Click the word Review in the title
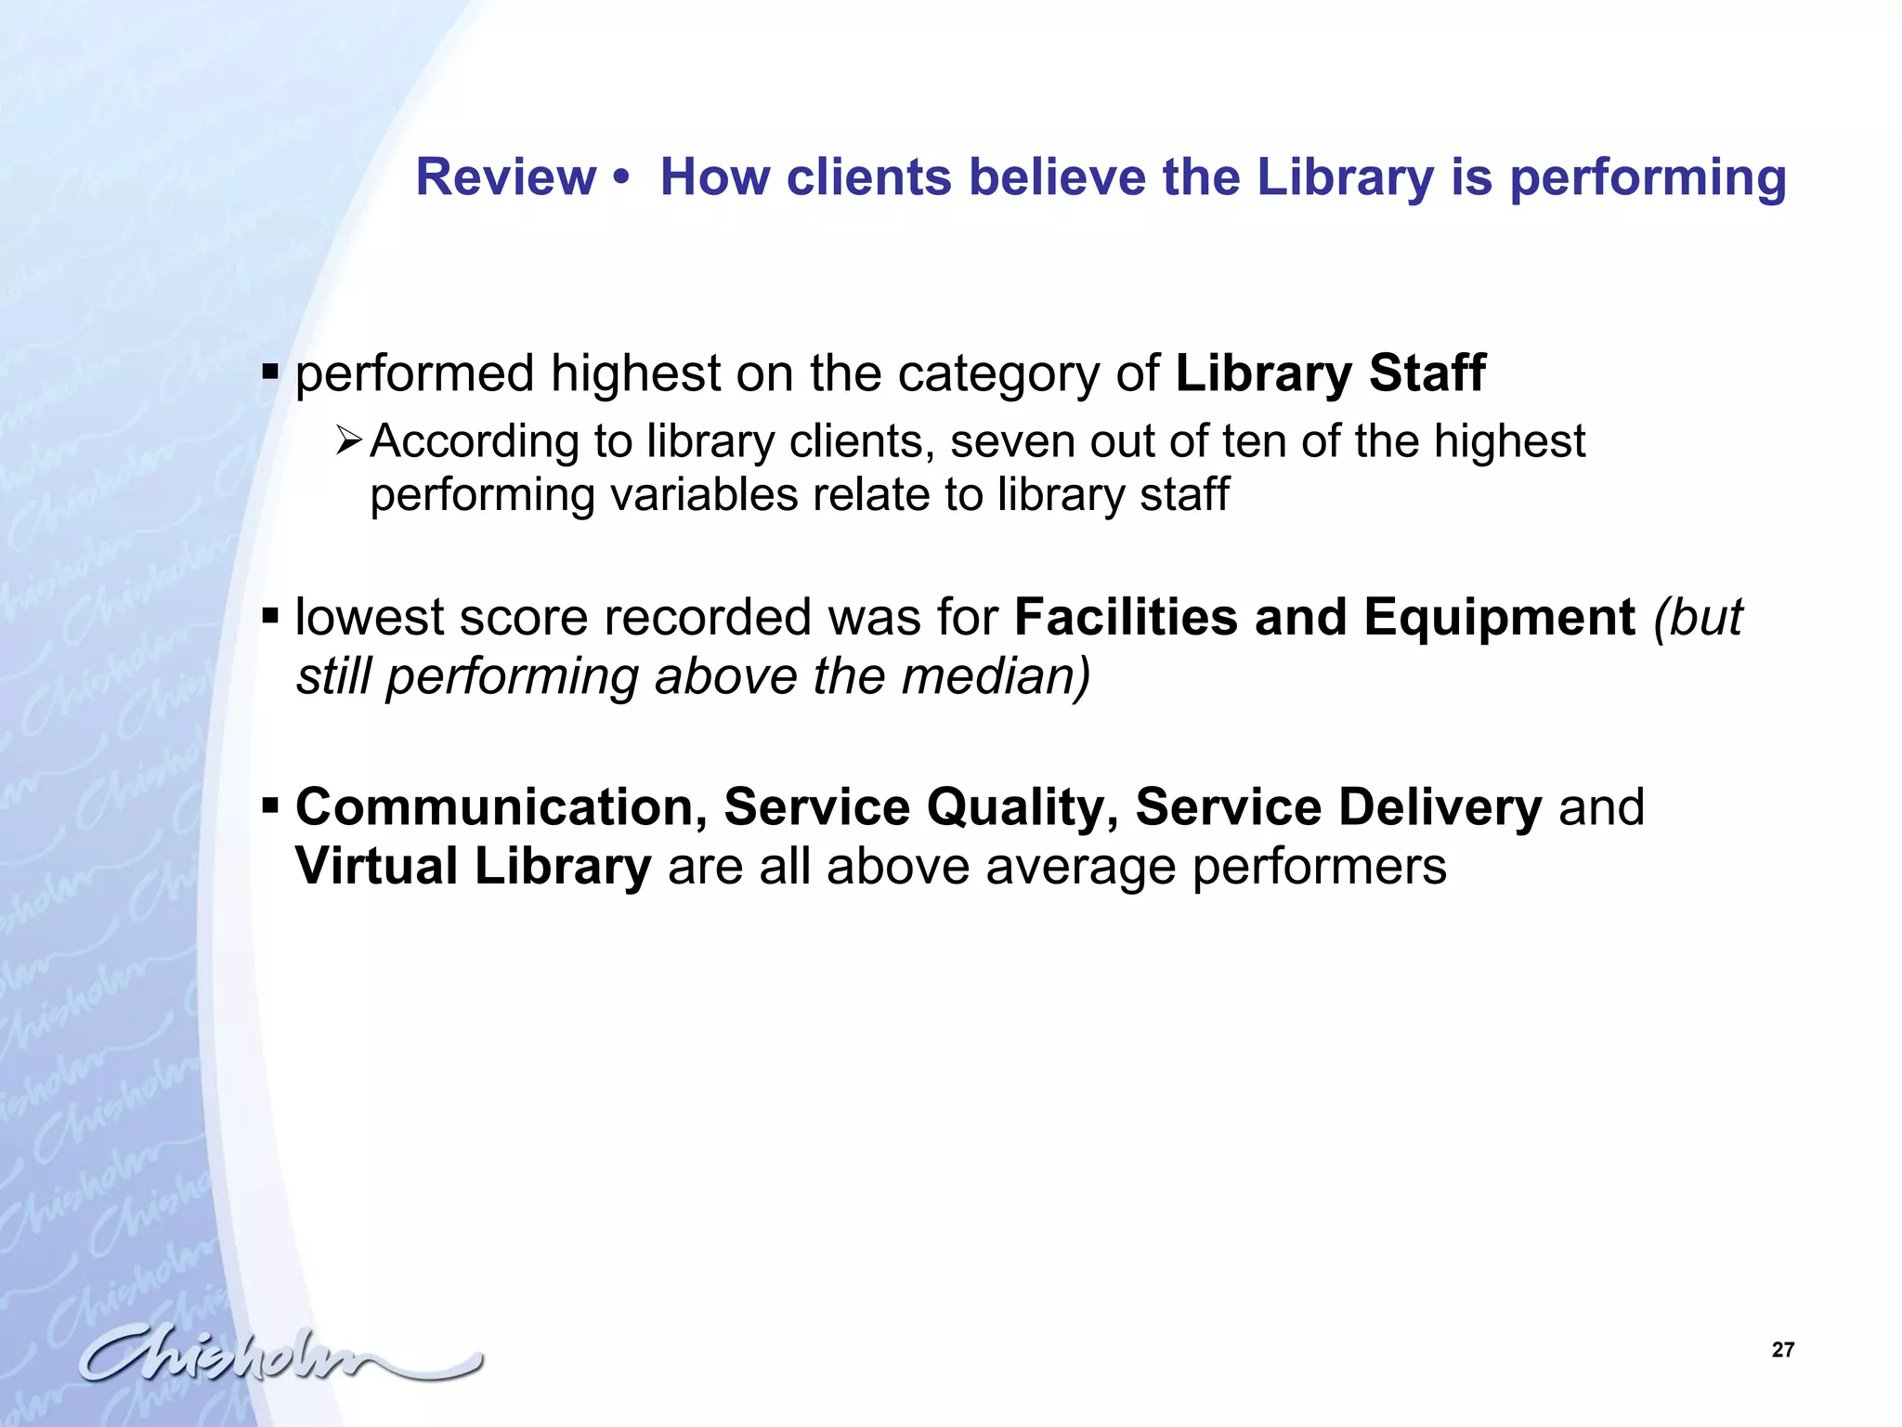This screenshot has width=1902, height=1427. pyautogui.click(x=505, y=177)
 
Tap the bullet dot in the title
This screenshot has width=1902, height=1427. pyautogui.click(x=622, y=178)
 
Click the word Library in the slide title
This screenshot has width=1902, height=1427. pyautogui.click(x=1345, y=178)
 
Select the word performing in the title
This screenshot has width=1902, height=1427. pyautogui.click(x=1648, y=178)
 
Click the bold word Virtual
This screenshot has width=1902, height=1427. pyautogui.click(x=376, y=866)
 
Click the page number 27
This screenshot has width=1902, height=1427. pyautogui.click(x=1783, y=1350)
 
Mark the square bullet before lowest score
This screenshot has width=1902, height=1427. pyautogui.click(x=270, y=616)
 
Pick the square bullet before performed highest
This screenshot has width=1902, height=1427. pyautogui.click(x=270, y=373)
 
